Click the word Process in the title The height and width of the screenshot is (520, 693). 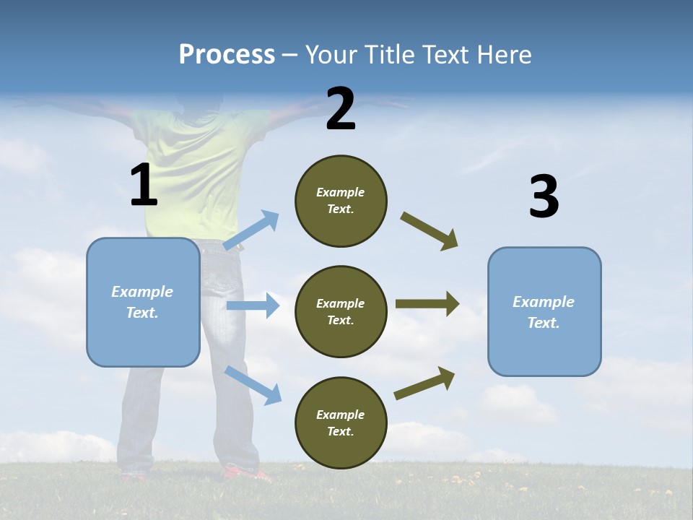[x=227, y=55]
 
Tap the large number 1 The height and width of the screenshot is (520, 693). [x=144, y=185]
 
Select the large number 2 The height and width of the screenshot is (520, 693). [x=341, y=109]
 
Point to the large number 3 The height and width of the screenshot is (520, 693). [x=544, y=197]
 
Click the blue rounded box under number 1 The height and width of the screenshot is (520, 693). [x=143, y=302]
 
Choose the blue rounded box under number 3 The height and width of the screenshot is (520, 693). [x=544, y=312]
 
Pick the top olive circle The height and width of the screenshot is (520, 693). [x=341, y=201]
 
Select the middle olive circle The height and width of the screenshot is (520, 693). [x=341, y=311]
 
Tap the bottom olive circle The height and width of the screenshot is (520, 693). [x=341, y=422]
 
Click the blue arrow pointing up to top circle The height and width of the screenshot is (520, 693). [x=251, y=230]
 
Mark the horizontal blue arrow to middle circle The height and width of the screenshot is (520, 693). [x=253, y=305]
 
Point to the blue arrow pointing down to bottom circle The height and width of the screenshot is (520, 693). [x=253, y=385]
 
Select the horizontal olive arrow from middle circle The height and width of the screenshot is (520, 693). [x=427, y=304]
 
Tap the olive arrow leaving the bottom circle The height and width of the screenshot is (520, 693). [x=424, y=383]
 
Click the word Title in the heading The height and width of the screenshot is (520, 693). [x=392, y=55]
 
